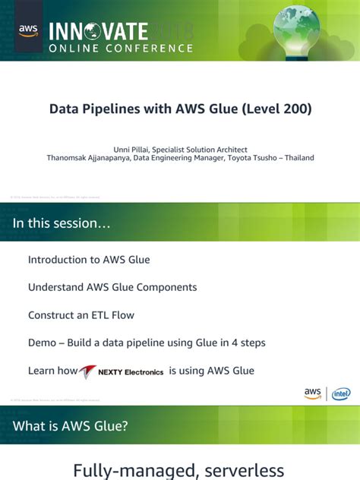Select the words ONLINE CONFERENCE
tap(121, 48)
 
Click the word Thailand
tap(299, 158)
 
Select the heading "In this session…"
tap(62, 223)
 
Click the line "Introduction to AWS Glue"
tap(89, 260)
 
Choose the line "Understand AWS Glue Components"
tap(112, 287)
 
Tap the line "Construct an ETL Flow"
tap(81, 314)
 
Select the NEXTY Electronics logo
tap(122, 371)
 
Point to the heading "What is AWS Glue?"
tap(71, 426)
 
